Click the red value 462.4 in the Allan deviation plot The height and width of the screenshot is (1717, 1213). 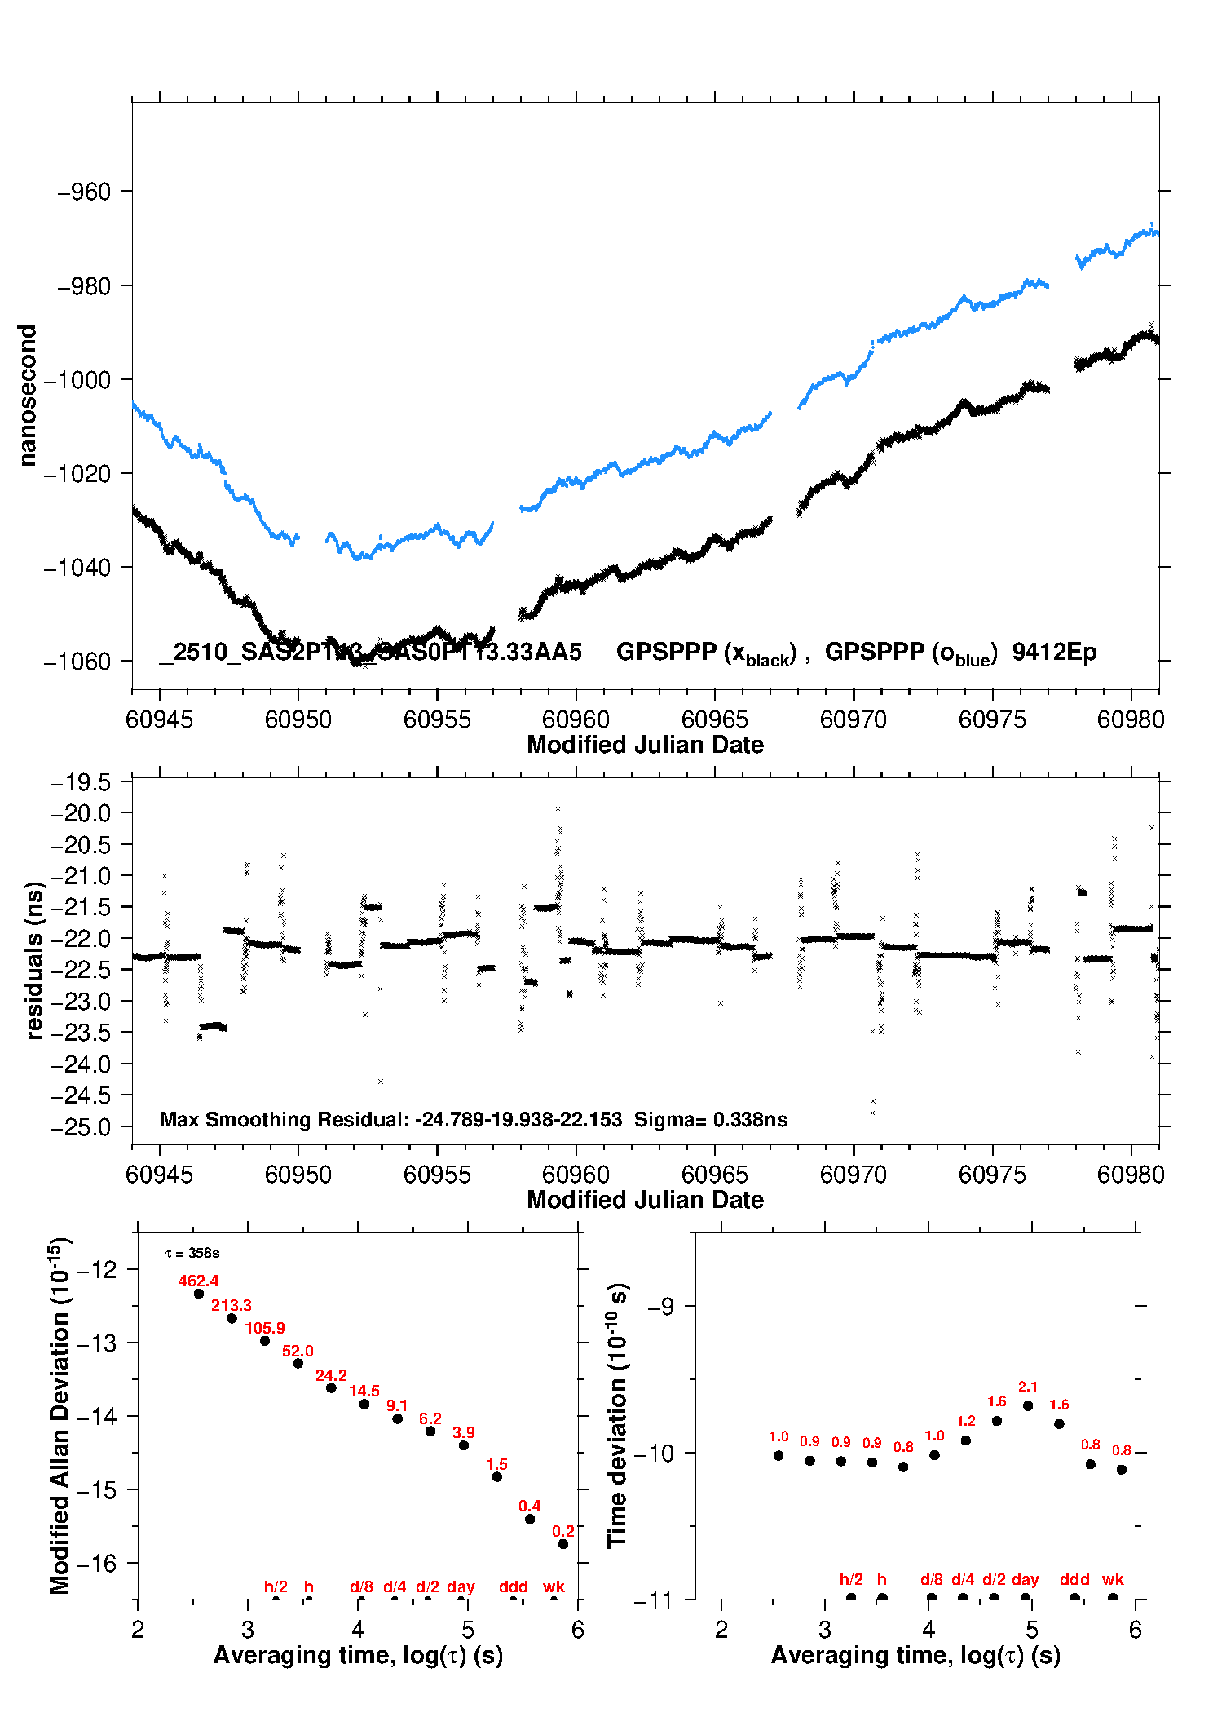point(198,1281)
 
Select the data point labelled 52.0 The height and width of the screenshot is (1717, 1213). point(298,1363)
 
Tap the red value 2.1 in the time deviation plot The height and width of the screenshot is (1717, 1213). point(1028,1387)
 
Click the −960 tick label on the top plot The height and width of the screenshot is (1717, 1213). point(84,192)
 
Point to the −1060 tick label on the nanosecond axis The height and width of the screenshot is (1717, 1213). point(77,662)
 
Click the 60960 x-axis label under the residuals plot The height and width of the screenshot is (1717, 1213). point(576,1175)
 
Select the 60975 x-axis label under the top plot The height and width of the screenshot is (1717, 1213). point(992,719)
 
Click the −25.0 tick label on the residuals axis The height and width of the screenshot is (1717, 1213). point(81,1127)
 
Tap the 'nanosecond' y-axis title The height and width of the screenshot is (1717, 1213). point(28,396)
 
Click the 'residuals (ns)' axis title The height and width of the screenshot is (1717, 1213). point(33,960)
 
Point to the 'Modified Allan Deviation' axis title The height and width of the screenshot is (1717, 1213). point(60,1416)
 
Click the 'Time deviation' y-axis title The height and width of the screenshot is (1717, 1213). point(617,1416)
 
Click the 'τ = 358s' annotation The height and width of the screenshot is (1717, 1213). point(192,1253)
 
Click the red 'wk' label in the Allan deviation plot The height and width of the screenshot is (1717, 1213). point(554,1586)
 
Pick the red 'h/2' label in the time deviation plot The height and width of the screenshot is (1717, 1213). point(851,1579)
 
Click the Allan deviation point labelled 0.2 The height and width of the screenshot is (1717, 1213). point(562,1544)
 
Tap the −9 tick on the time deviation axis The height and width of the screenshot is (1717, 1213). point(661,1306)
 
